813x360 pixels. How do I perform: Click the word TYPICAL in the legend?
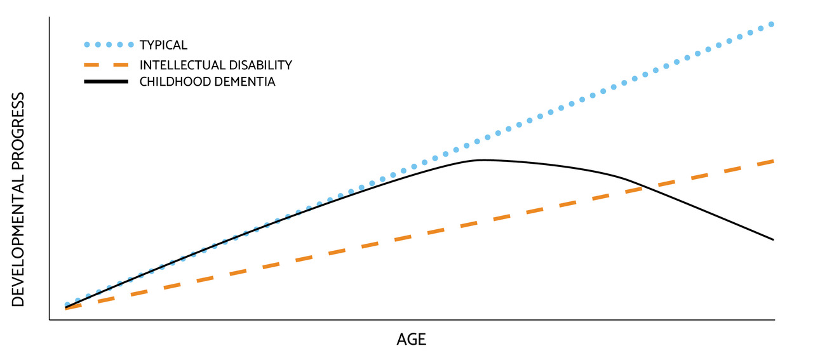(x=163, y=45)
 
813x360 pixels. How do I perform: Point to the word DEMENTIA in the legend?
(x=245, y=82)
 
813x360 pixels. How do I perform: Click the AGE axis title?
(x=411, y=340)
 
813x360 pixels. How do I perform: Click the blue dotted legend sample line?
(x=109, y=44)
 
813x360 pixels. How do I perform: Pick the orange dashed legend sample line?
(x=106, y=65)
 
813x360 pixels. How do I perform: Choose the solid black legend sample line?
(x=106, y=82)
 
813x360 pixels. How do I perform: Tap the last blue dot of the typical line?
(x=772, y=24)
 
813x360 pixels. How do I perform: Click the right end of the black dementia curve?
(x=774, y=239)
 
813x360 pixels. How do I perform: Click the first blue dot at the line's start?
(x=67, y=305)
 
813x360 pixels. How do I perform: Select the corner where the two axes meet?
(x=50, y=320)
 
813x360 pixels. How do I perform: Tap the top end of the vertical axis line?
(x=50, y=17)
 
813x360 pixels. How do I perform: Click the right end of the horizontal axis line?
(x=775, y=320)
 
